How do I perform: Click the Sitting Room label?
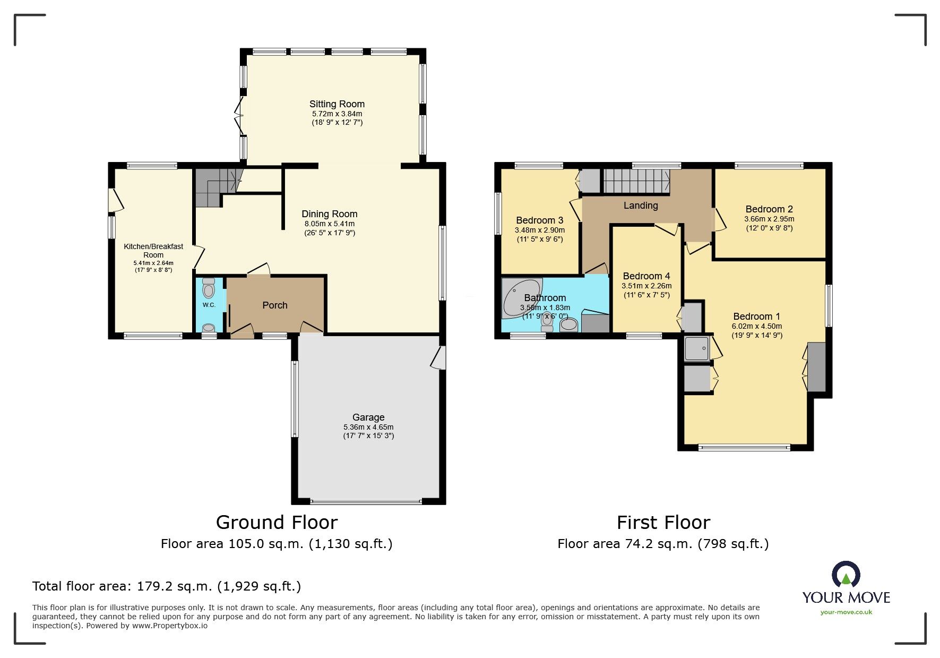pyautogui.click(x=337, y=104)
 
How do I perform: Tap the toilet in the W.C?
pyautogui.click(x=209, y=290)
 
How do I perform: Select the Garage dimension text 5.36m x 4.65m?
pyautogui.click(x=368, y=427)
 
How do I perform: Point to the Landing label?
pyautogui.click(x=641, y=206)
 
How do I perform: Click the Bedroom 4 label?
pyautogui.click(x=646, y=276)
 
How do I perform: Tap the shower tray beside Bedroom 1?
pyautogui.click(x=696, y=348)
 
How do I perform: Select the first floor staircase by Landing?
pyautogui.click(x=636, y=181)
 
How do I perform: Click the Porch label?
pyautogui.click(x=275, y=305)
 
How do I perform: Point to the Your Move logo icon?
pyautogui.click(x=846, y=575)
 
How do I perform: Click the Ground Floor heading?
pyautogui.click(x=277, y=523)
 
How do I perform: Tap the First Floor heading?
pyautogui.click(x=663, y=523)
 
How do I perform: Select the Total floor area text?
pyautogui.click(x=167, y=586)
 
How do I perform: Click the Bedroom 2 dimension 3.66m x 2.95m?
pyautogui.click(x=769, y=219)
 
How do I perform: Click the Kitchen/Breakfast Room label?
pyautogui.click(x=153, y=251)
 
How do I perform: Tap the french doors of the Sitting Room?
pyautogui.click(x=239, y=115)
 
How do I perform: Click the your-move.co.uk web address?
pyautogui.click(x=846, y=612)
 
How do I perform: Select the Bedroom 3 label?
pyautogui.click(x=539, y=220)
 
